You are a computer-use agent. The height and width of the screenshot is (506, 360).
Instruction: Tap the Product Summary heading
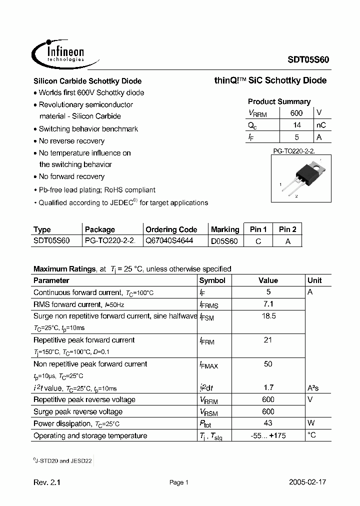click(279, 101)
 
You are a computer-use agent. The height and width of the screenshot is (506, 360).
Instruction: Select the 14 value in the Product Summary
click(296, 125)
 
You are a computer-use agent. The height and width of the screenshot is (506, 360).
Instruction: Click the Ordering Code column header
click(171, 229)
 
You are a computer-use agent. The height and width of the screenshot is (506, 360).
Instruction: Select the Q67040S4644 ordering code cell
click(172, 241)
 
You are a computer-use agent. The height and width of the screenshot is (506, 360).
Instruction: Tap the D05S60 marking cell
click(224, 241)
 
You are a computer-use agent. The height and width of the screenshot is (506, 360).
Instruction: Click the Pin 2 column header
click(287, 229)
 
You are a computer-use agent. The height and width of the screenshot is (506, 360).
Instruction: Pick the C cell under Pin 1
click(258, 241)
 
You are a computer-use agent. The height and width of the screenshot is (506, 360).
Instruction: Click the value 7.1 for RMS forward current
click(268, 304)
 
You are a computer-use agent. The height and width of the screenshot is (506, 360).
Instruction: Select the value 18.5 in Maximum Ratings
click(268, 316)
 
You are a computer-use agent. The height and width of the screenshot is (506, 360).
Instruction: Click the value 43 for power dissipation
click(268, 423)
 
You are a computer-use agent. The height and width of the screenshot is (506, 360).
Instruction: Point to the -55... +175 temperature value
click(268, 435)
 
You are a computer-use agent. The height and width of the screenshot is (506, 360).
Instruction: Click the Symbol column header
click(212, 280)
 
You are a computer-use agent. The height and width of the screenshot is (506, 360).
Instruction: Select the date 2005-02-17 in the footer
click(307, 482)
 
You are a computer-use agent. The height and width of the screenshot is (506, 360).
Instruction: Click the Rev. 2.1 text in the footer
click(47, 482)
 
